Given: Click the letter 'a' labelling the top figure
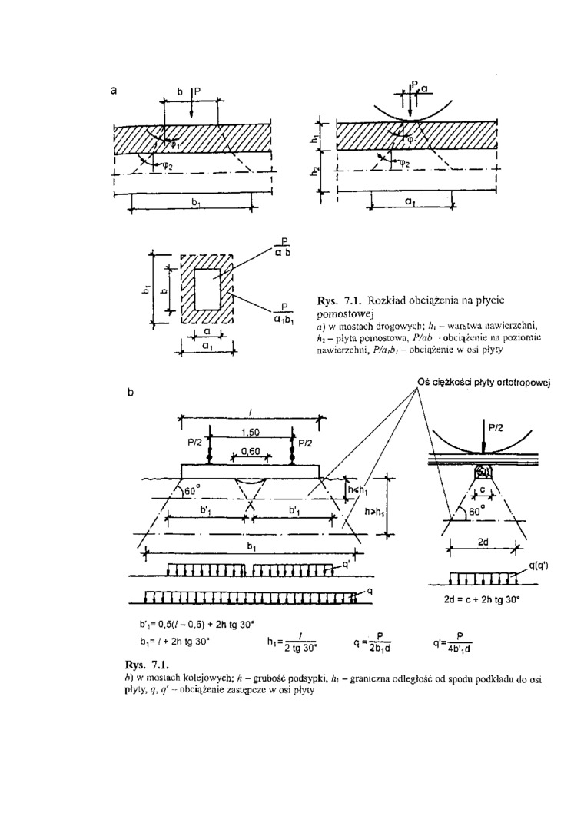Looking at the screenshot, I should (114, 90).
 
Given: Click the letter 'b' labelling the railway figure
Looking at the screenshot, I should (130, 392).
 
